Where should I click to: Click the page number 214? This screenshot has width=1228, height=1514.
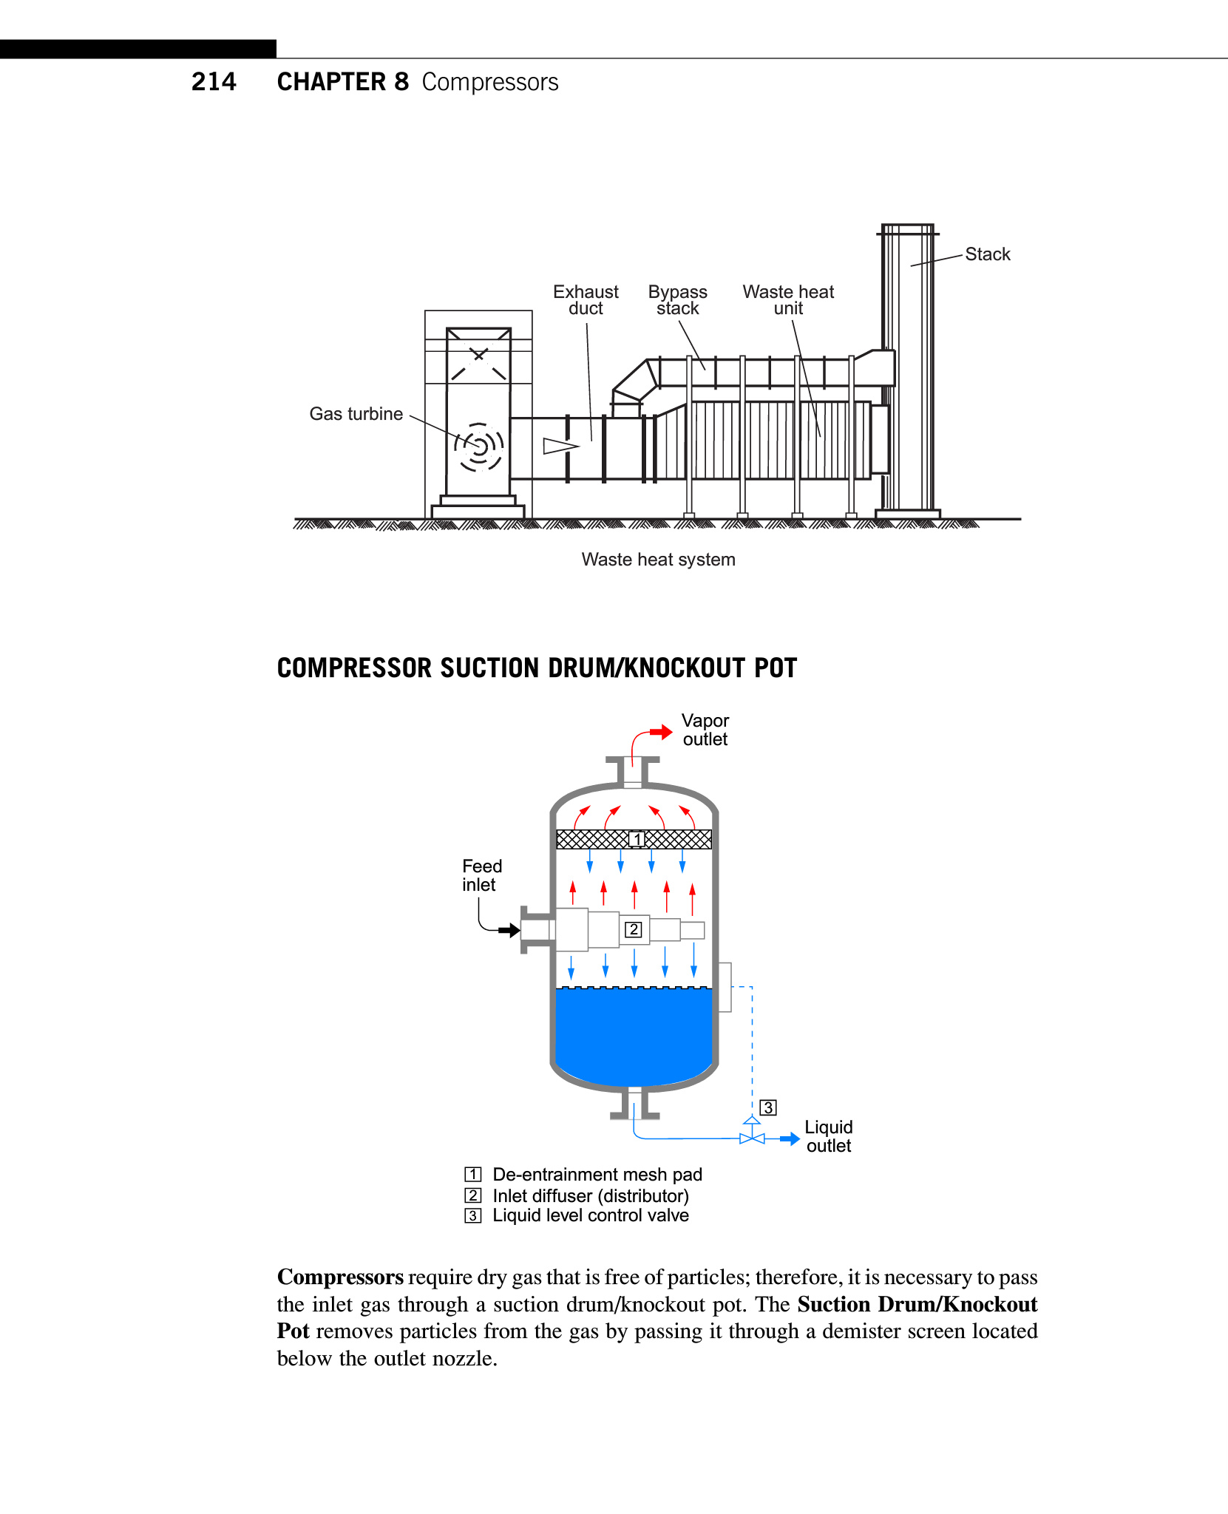pyautogui.click(x=214, y=81)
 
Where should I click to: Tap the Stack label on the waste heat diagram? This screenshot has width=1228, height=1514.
pyautogui.click(x=987, y=254)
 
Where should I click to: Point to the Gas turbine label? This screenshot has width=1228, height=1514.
pyautogui.click(x=356, y=414)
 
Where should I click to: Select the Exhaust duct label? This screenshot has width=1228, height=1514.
pyautogui.click(x=586, y=300)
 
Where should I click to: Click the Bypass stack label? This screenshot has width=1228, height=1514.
pyautogui.click(x=677, y=300)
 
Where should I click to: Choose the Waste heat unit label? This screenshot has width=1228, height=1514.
pyautogui.click(x=788, y=300)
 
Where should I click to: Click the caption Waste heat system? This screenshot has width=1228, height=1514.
pyautogui.click(x=658, y=560)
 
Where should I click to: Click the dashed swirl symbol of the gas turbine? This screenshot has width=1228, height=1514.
pyautogui.click(x=479, y=447)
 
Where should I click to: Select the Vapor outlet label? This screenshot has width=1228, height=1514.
pyautogui.click(x=705, y=730)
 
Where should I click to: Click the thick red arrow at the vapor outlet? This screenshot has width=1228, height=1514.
pyautogui.click(x=661, y=732)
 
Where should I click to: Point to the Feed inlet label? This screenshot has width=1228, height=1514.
pyautogui.click(x=481, y=875)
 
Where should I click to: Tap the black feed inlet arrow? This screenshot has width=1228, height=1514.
pyautogui.click(x=509, y=930)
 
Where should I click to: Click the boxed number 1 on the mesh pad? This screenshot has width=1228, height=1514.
pyautogui.click(x=637, y=839)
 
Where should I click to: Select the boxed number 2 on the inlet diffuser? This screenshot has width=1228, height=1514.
pyautogui.click(x=634, y=929)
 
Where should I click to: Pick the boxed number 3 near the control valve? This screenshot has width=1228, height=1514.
pyautogui.click(x=769, y=1107)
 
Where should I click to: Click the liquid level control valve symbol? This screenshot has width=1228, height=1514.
pyautogui.click(x=752, y=1137)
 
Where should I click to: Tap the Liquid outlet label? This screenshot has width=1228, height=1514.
pyautogui.click(x=829, y=1136)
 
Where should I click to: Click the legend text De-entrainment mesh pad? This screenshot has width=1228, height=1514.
pyautogui.click(x=597, y=1175)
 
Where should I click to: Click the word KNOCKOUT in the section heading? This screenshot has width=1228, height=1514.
pyautogui.click(x=684, y=668)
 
